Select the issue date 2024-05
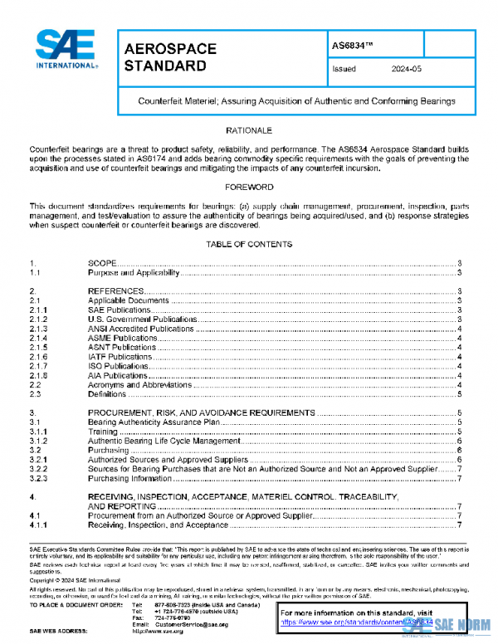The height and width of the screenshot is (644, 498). pos(408,70)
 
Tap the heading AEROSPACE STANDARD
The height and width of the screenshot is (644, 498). pos(170,57)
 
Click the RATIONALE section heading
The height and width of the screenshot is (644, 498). pos(249,131)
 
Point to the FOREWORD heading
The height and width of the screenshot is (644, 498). pos(249,188)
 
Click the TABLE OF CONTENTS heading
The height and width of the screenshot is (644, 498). pos(249,245)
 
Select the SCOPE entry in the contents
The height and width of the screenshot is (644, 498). pos(107,262)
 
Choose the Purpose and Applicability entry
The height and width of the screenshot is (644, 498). pos(133,272)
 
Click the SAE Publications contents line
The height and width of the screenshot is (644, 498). pos(119,310)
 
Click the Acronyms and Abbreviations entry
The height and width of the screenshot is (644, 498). pos(139,385)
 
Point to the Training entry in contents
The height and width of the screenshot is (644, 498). pos(103,432)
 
